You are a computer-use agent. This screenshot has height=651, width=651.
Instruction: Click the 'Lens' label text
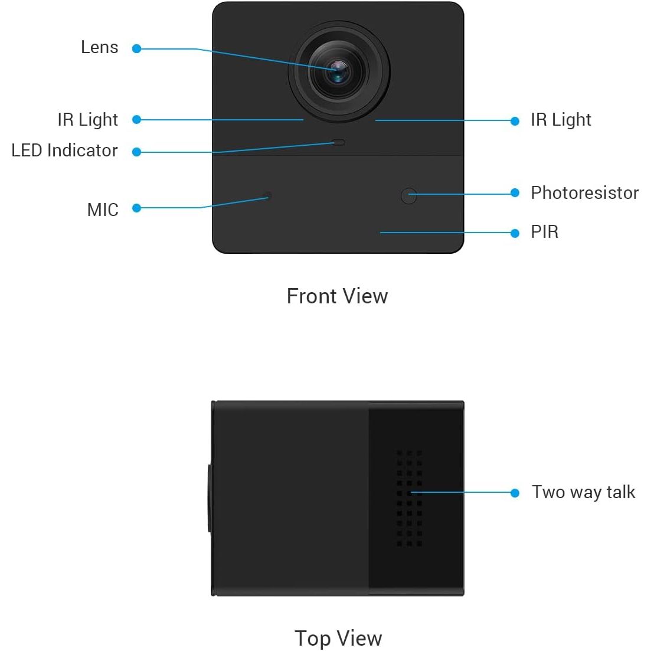click(100, 47)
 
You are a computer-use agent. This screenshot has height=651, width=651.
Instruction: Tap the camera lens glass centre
click(338, 71)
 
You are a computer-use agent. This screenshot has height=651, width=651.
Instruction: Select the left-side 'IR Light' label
click(87, 120)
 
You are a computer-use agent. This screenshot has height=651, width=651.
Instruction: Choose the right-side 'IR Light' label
click(561, 120)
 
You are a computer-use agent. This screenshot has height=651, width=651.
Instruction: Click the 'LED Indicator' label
click(64, 151)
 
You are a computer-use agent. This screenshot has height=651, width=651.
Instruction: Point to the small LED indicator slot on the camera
click(339, 142)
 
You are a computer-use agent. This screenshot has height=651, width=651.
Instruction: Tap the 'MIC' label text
click(103, 210)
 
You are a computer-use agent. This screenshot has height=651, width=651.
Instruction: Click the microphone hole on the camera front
click(268, 195)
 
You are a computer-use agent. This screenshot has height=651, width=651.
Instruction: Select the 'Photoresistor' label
click(584, 192)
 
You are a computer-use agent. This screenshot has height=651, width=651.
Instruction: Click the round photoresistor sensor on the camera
click(409, 196)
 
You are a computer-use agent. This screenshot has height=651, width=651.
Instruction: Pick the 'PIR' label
click(545, 232)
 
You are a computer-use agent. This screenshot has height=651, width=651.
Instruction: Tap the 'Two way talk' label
click(583, 492)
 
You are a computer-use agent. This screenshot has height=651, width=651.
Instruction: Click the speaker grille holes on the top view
click(410, 498)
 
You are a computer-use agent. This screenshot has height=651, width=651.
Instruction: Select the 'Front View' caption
click(337, 296)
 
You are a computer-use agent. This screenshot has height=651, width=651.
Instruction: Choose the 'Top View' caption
click(338, 639)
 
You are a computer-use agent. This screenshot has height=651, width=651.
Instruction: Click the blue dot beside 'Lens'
click(136, 48)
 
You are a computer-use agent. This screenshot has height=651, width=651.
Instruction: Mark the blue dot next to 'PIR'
click(515, 233)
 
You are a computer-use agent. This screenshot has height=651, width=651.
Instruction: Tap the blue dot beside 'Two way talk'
click(515, 493)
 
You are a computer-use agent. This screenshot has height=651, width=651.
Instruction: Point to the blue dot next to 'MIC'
click(136, 208)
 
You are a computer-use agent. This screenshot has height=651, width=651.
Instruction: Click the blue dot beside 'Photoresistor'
click(515, 192)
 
